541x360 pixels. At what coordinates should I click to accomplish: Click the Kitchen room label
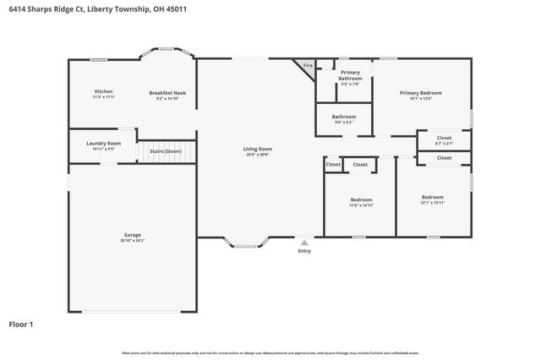103,91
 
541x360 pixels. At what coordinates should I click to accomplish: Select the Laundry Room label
103,143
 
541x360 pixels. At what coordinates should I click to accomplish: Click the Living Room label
259,149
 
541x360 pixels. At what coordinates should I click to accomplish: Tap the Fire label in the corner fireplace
308,65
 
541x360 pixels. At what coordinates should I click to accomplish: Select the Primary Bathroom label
350,76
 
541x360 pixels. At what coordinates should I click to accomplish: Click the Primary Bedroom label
420,93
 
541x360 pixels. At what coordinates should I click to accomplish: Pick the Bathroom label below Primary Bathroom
343,117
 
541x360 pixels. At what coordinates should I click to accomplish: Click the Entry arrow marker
304,243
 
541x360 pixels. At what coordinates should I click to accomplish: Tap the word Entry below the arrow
304,251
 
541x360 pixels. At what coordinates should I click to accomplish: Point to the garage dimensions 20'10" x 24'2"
132,240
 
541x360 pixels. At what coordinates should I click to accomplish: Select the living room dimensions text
259,155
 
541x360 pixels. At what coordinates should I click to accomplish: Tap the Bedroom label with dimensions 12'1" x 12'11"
432,197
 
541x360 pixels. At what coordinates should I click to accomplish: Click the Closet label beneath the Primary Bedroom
444,138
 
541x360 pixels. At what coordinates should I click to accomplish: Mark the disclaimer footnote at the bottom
270,352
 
